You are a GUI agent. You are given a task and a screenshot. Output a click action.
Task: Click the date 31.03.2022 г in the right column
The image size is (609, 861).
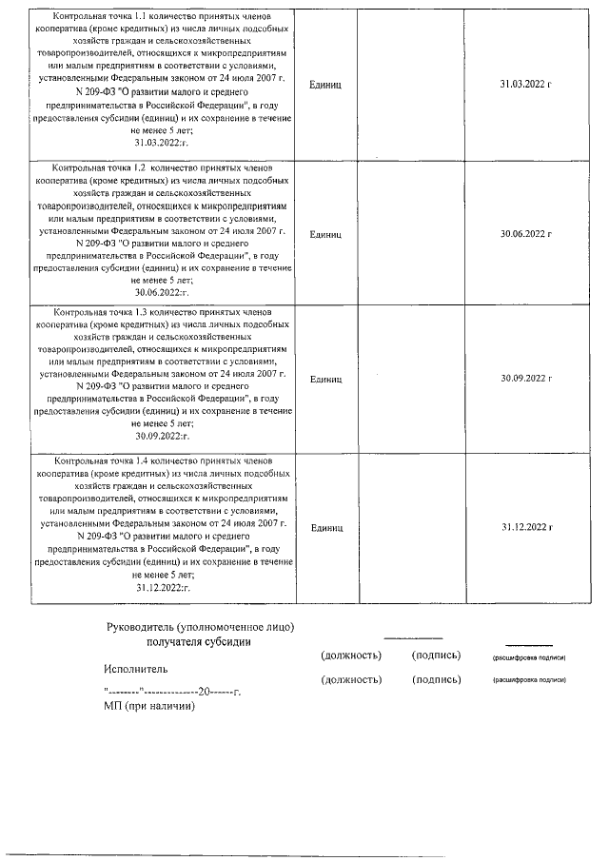pos(526,86)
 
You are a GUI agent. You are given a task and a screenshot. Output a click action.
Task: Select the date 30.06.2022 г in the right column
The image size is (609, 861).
pos(526,232)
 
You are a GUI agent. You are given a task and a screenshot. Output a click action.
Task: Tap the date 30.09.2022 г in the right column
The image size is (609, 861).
pos(526,379)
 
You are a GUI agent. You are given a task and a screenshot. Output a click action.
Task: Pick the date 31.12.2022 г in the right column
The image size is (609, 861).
pos(526,526)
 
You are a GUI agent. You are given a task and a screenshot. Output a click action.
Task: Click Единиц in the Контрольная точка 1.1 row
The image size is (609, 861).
pos(326,86)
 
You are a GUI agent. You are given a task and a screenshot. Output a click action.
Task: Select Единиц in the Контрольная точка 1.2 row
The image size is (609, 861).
pos(326,232)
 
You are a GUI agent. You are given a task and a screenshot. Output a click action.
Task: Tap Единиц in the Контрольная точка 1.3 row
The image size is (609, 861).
pos(326,379)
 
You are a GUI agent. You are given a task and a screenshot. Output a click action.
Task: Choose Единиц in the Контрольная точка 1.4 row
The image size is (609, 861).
pos(326,526)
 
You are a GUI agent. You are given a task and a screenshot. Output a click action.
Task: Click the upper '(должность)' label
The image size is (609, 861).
pos(351,656)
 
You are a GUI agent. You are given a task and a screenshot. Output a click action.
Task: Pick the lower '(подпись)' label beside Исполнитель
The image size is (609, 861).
pos(436,679)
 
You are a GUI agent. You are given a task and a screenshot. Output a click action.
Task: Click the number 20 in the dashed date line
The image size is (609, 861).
pos(204,692)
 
